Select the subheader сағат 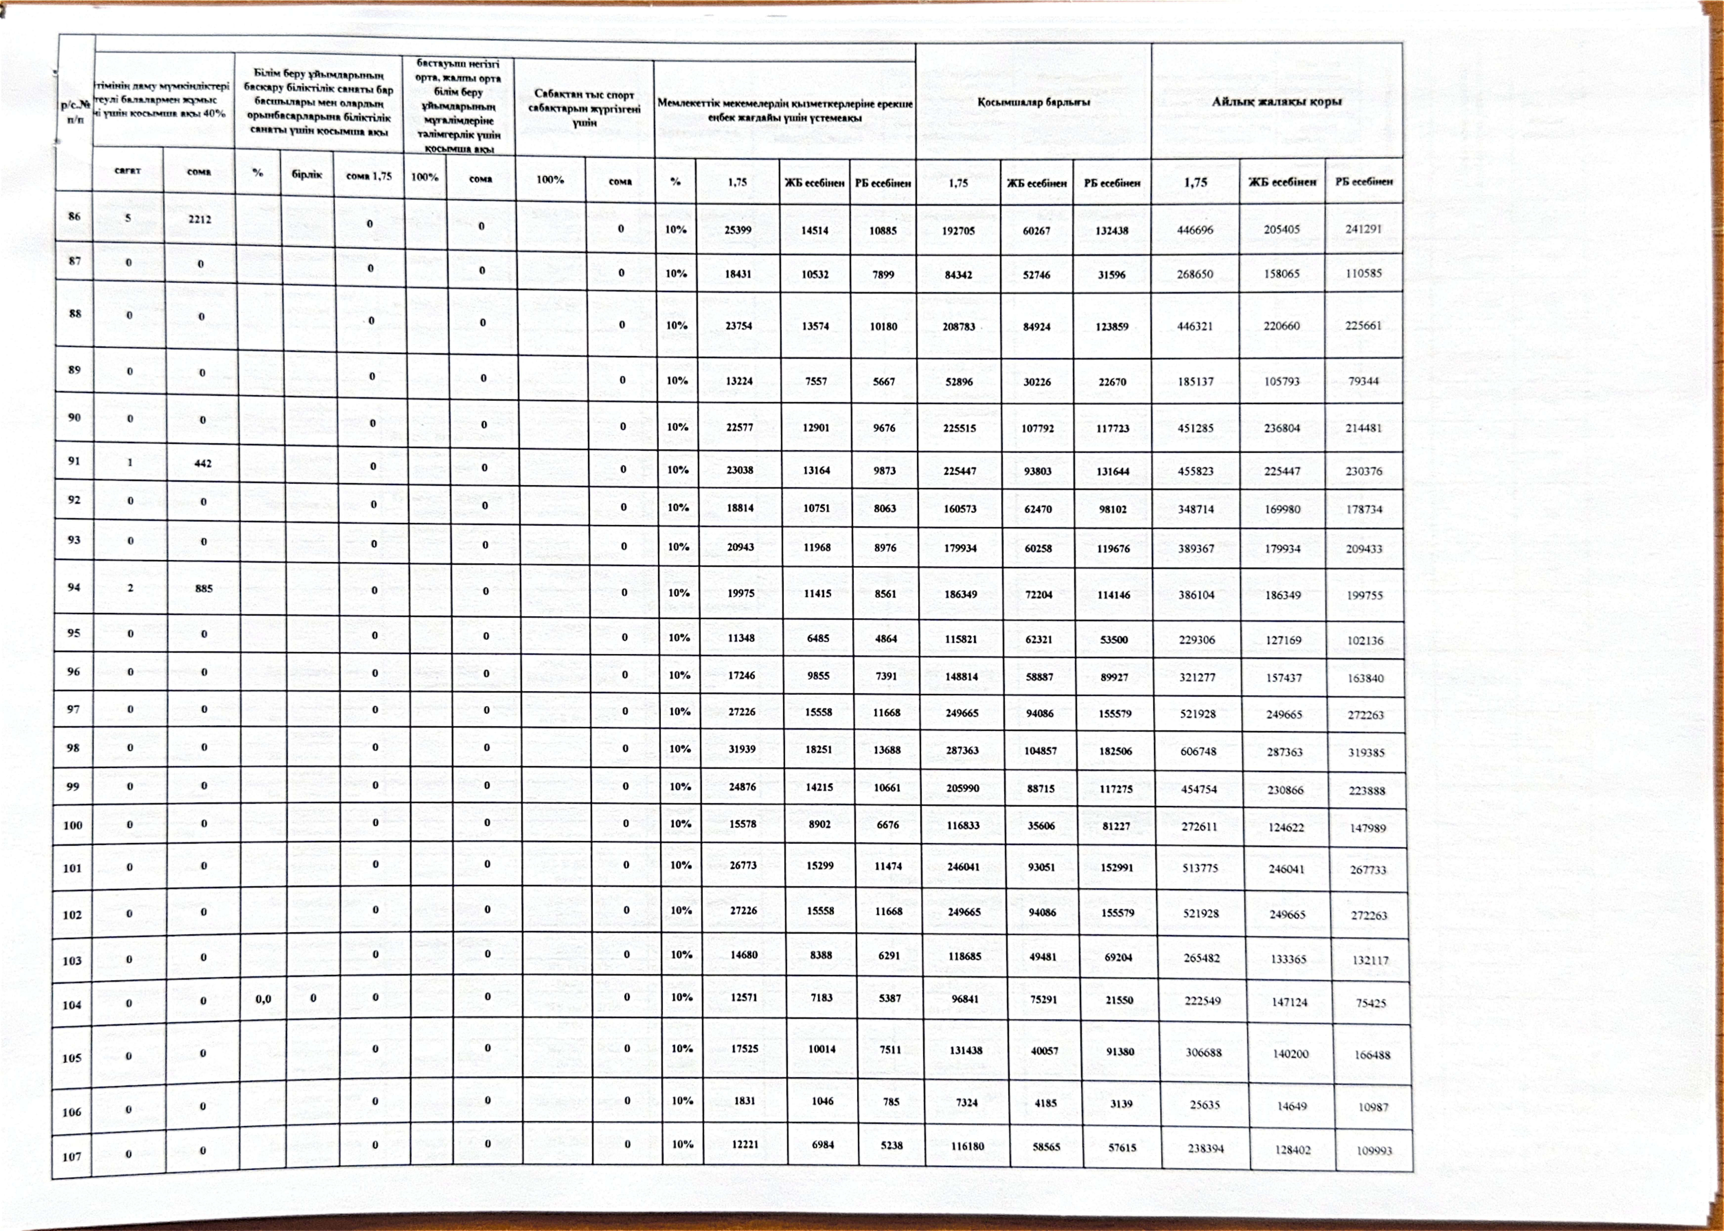coord(127,171)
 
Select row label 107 coord(71,1157)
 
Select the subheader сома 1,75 coord(369,176)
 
